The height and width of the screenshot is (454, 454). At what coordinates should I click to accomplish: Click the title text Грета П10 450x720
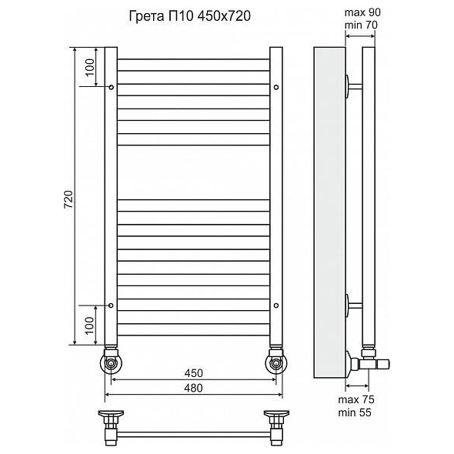click(x=189, y=16)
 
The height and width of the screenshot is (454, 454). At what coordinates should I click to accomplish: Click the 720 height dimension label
click(x=68, y=199)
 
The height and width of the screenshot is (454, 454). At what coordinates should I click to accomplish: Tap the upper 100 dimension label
click(x=90, y=67)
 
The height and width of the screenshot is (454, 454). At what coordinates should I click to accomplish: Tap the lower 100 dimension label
click(x=90, y=325)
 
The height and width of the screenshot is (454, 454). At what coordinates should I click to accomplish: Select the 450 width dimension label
click(x=194, y=373)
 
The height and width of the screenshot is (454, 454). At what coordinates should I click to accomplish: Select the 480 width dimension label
click(x=194, y=388)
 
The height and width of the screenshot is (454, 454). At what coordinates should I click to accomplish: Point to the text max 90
click(x=362, y=12)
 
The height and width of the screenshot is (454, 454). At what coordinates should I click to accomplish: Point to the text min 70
click(x=361, y=25)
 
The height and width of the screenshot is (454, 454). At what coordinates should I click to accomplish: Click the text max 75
click(x=356, y=399)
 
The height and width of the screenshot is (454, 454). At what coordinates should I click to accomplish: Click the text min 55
click(x=355, y=412)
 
